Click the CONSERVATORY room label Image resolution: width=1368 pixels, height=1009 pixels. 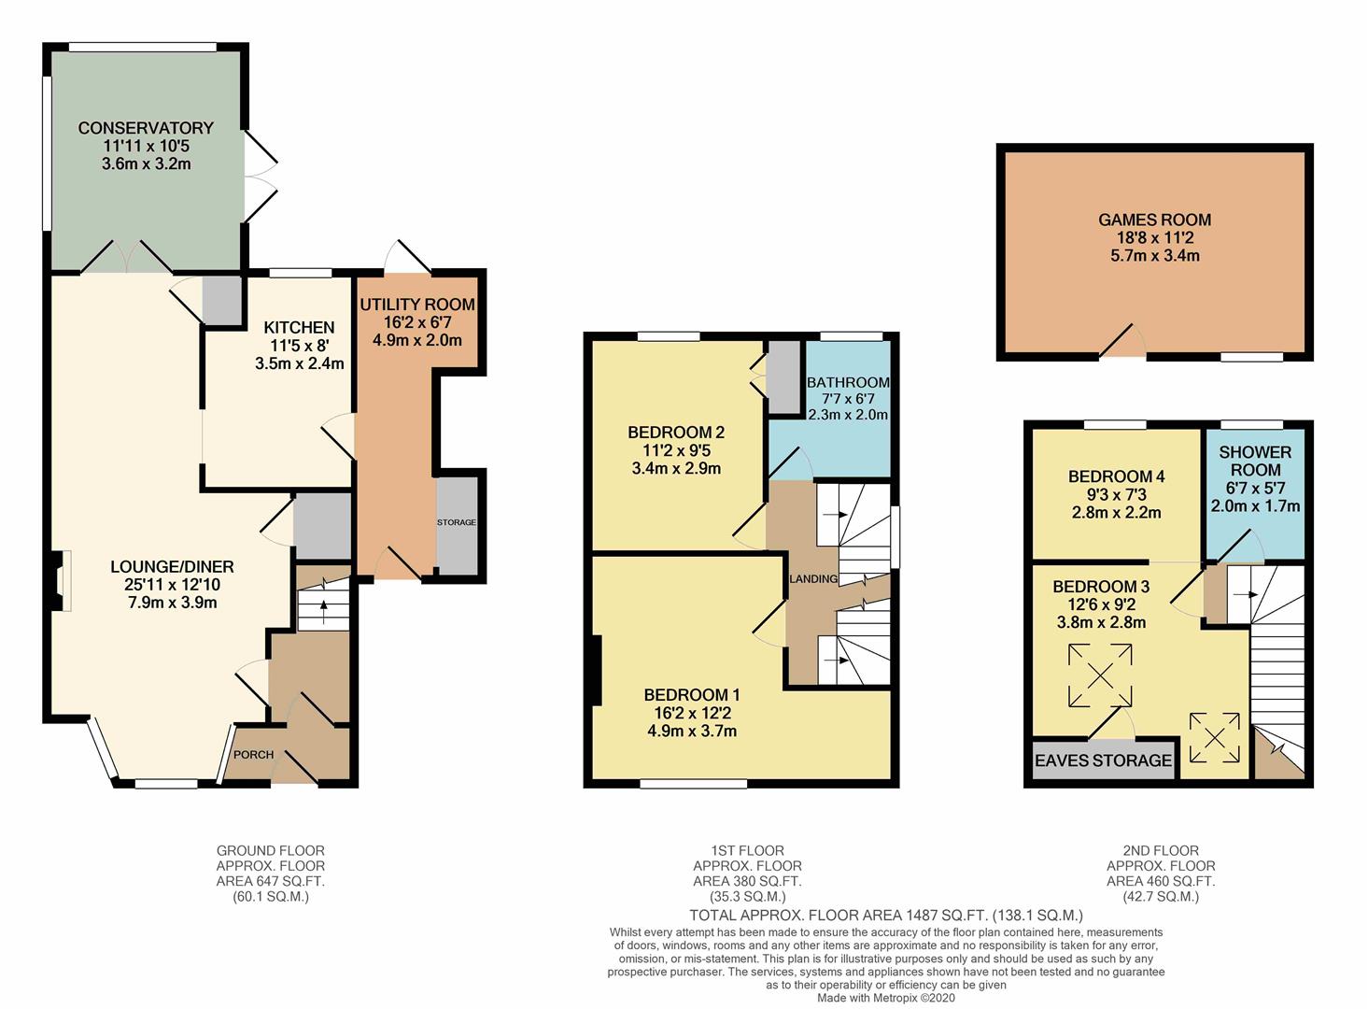[x=146, y=128]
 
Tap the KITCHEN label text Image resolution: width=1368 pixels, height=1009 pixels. [x=299, y=328]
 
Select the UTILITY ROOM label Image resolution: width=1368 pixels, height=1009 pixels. [x=417, y=305]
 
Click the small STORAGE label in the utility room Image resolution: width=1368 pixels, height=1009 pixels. [x=457, y=522]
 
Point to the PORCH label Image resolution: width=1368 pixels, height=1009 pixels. [x=253, y=755]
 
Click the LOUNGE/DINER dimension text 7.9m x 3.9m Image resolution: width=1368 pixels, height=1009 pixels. [x=172, y=603]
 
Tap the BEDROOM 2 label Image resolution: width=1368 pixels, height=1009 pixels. [x=676, y=433]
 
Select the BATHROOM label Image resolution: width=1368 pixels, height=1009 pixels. [x=848, y=382]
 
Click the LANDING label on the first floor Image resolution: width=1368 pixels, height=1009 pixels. [x=813, y=578]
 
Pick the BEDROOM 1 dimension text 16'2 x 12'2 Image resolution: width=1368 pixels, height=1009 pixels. [x=692, y=713]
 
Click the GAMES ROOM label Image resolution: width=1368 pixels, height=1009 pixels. [x=1154, y=220]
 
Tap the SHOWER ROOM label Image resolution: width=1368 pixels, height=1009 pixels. [x=1255, y=461]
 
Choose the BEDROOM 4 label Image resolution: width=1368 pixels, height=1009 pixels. [x=1117, y=476]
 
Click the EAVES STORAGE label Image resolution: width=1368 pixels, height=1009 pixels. [x=1103, y=760]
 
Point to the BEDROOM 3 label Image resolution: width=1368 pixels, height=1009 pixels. [x=1101, y=587]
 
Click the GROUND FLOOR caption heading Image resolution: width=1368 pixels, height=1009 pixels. [x=271, y=851]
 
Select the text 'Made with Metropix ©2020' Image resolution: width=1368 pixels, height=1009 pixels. [x=886, y=998]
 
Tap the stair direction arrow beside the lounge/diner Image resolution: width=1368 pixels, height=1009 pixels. [x=323, y=608]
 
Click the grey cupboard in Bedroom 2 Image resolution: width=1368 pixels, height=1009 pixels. [x=783, y=377]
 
